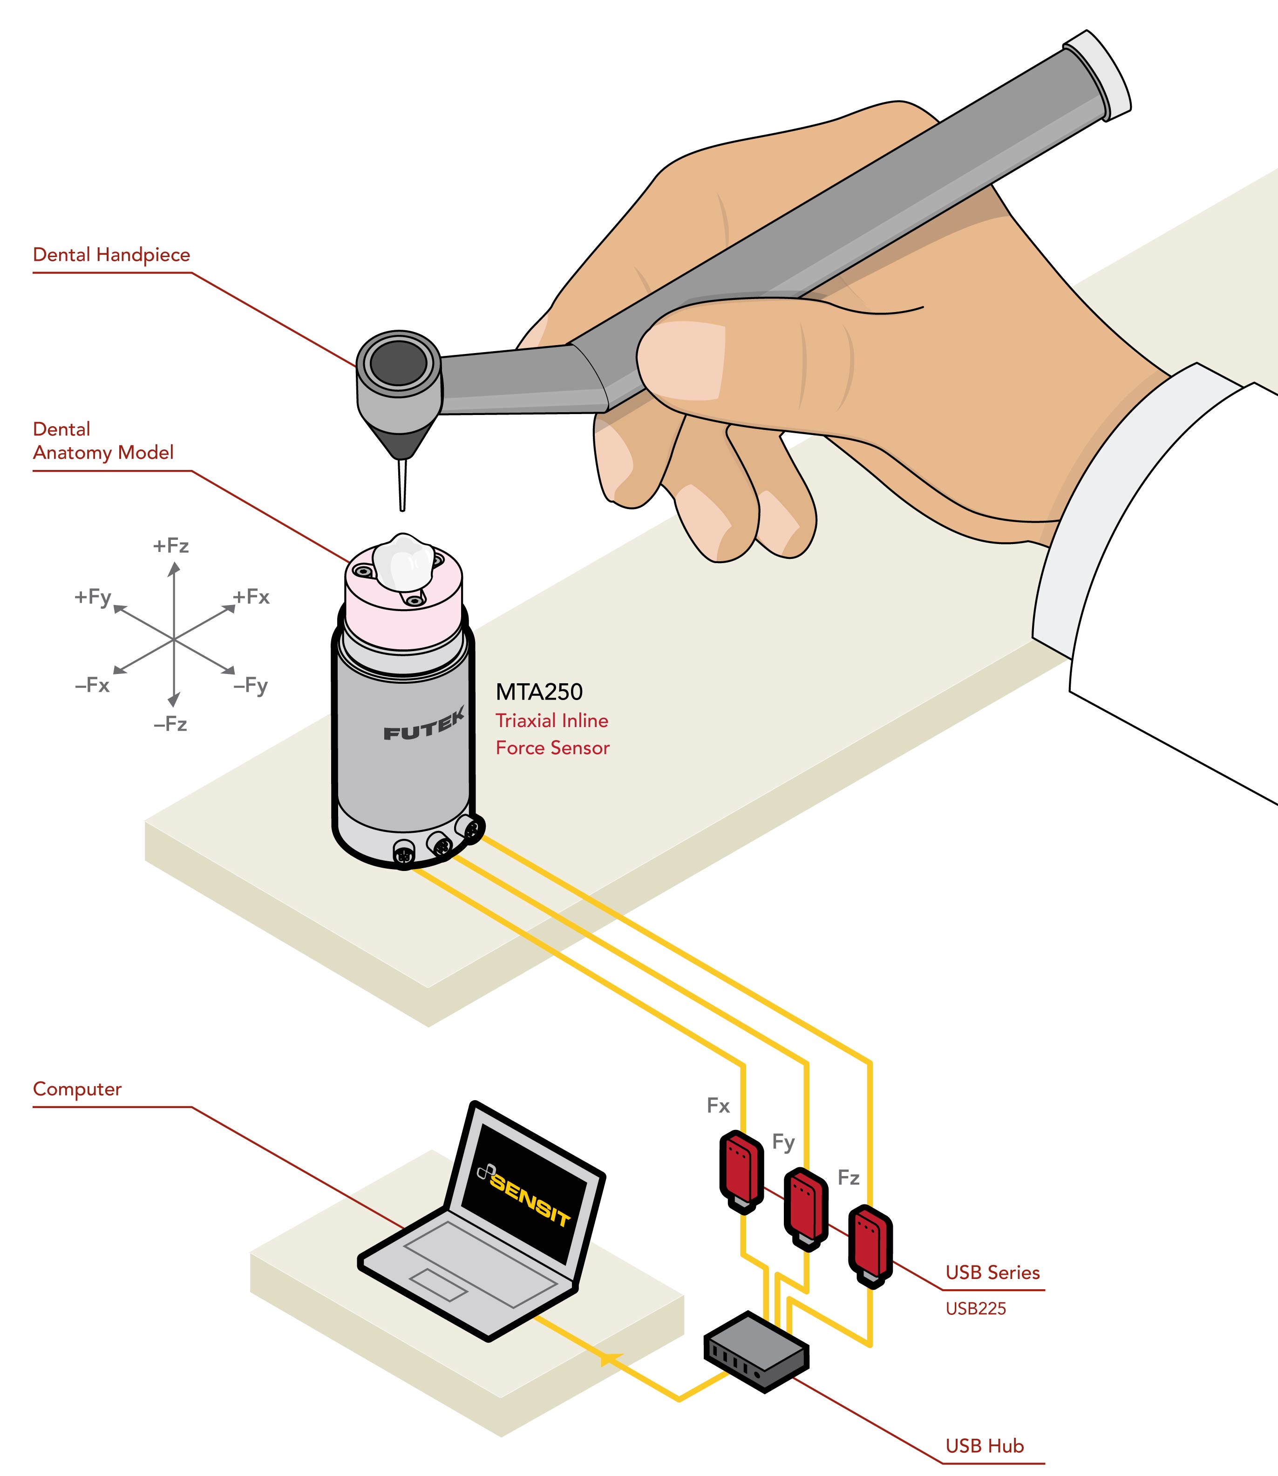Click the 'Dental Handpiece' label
111,255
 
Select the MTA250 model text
539,692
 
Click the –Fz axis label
170,724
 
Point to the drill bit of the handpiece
402,485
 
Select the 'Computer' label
77,1089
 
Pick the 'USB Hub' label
984,1446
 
